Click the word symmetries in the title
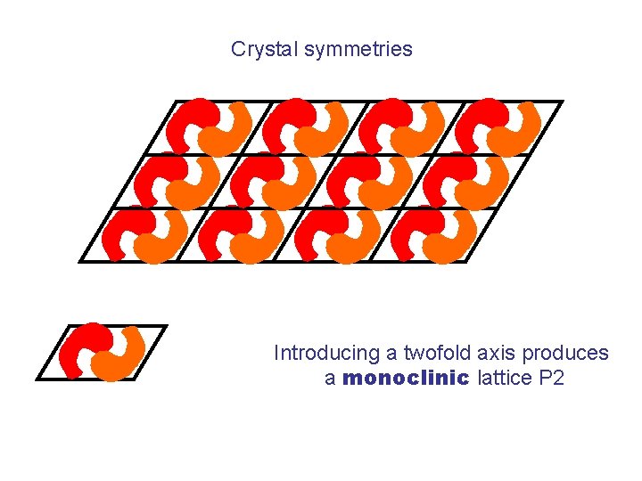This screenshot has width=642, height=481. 358,49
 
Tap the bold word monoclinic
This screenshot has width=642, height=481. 406,378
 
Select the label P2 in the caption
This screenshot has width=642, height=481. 553,378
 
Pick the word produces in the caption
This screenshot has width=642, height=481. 567,353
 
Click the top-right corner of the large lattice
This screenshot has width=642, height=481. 562,102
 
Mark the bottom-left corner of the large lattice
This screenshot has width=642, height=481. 80,261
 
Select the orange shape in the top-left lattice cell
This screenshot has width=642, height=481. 226,130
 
